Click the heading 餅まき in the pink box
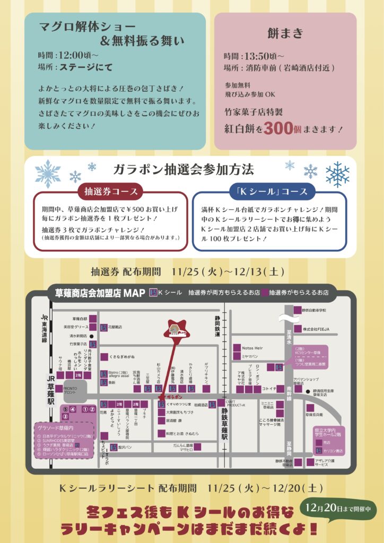coord(285,33)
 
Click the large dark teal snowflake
coord(337,174)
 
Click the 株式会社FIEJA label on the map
coord(316,329)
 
